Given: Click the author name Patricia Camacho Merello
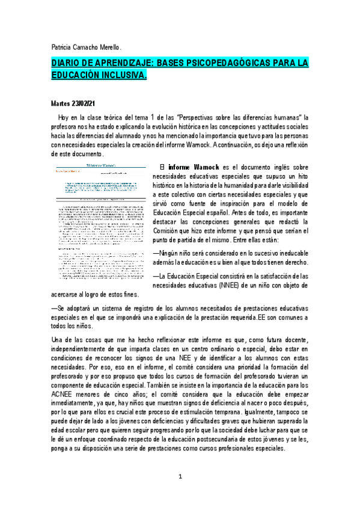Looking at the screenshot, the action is pyautogui.click(x=86, y=47).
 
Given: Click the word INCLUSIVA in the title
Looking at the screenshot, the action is pyautogui.click(x=123, y=76).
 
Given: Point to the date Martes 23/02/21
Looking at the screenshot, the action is pyautogui.click(x=74, y=103).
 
